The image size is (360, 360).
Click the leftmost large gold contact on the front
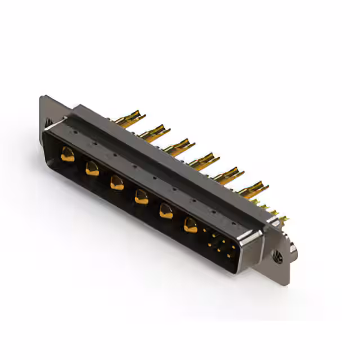[x=68, y=155]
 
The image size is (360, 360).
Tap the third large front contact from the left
[x=117, y=182]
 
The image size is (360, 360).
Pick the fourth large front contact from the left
[x=142, y=196]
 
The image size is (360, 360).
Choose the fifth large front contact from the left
[x=166, y=211]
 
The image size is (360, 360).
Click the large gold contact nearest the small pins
[x=191, y=225]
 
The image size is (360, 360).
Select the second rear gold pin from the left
[x=154, y=133]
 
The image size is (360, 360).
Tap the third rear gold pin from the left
[x=179, y=147]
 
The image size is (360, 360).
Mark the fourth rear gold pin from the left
[x=204, y=161]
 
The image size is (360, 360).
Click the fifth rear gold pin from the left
[x=228, y=175]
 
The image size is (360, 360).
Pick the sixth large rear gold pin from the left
[x=253, y=189]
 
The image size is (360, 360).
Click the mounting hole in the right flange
[x=277, y=256]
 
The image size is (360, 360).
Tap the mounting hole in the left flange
[x=48, y=121]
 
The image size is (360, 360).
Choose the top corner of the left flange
[x=42, y=97]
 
